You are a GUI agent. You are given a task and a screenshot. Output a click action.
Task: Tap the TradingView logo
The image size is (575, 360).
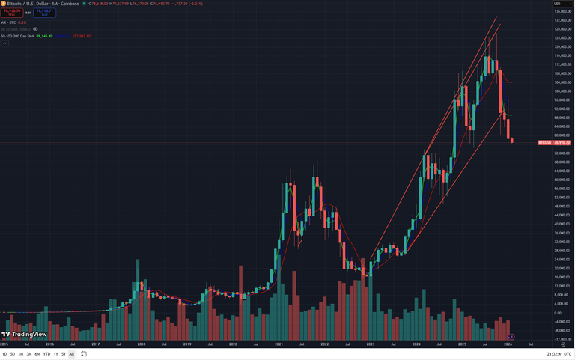point(25,335)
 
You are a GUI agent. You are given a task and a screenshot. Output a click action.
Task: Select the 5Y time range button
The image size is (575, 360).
point(64,354)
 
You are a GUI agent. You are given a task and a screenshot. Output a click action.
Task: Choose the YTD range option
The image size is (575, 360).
point(46,354)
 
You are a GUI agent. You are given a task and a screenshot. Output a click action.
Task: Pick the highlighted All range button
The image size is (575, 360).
point(72,354)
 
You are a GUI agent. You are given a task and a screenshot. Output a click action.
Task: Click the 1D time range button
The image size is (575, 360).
point(4,354)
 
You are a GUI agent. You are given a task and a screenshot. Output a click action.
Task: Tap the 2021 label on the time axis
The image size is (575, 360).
point(279,344)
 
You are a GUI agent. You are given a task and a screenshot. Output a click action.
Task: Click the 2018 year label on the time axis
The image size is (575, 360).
point(141,344)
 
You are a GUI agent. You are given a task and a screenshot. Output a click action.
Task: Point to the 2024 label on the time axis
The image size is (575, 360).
point(416,344)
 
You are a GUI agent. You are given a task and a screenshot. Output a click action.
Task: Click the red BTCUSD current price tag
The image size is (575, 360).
point(554,142)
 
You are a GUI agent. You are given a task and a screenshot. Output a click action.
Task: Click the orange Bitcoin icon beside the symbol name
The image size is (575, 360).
point(3,4)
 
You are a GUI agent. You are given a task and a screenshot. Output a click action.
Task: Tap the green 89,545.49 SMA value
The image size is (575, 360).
point(45,36)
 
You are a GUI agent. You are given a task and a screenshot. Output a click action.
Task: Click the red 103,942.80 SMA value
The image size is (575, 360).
point(81,36)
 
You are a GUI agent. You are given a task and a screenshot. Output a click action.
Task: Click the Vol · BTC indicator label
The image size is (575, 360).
point(9,22)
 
